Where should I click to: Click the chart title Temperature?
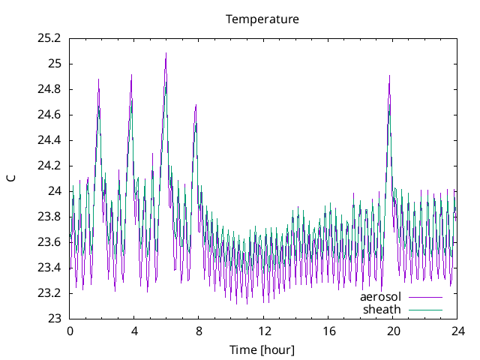coord(262,19)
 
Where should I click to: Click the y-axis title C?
coord(11,178)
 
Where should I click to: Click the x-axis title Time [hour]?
coord(262,349)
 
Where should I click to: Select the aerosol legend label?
coord(381,297)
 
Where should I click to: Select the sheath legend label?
coord(382,309)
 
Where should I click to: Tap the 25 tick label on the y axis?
coord(54,64)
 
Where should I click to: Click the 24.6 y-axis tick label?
coord(49,115)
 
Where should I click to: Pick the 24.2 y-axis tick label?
coord(49,166)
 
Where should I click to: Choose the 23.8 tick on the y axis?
coord(49,217)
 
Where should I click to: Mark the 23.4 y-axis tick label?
coord(49,268)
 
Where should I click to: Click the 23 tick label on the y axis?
coord(54,319)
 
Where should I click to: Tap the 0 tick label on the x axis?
coord(70,331)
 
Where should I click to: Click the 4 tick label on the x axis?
coord(134,331)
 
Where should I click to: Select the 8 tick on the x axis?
coord(199,331)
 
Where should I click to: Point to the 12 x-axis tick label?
coord(263,331)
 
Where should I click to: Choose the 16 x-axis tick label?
coord(328,331)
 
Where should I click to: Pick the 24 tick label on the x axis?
coord(457,331)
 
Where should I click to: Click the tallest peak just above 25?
coord(166,53)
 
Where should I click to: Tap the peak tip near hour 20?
coord(389,76)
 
